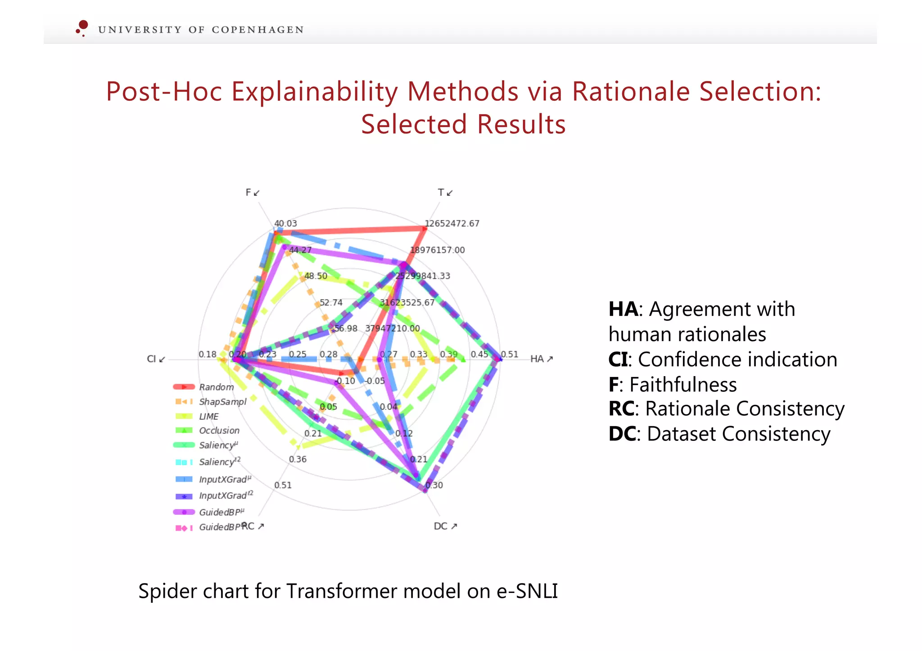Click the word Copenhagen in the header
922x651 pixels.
point(258,30)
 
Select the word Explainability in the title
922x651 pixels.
point(314,92)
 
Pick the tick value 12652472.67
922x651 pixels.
point(452,224)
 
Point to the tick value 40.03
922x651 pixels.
point(286,224)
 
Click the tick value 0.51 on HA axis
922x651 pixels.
point(510,355)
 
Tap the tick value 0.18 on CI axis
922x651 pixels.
point(208,355)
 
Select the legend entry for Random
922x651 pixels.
point(216,387)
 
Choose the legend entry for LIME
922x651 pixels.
point(209,417)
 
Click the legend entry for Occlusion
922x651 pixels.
point(219,431)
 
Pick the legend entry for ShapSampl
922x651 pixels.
point(222,402)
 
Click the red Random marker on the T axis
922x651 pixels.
point(424,229)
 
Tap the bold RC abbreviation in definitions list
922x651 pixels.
point(621,409)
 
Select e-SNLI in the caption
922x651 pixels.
point(527,591)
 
